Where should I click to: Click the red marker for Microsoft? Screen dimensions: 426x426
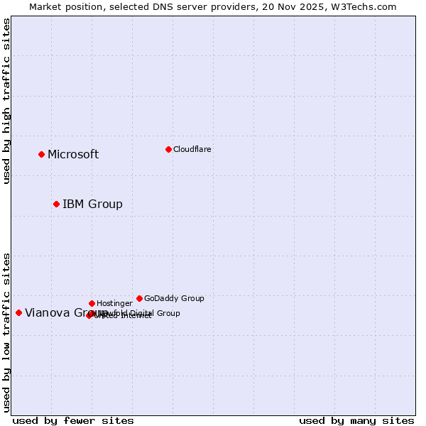41,154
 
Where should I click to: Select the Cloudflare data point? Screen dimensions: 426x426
168,149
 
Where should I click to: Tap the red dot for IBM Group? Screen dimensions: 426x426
56,204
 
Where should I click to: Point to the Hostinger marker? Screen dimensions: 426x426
92,303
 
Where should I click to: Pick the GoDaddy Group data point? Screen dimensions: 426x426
139,298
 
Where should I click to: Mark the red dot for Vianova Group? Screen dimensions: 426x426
18,312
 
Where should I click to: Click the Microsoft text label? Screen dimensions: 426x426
73,155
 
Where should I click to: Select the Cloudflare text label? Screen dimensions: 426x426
192,150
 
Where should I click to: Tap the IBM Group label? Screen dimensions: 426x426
92,204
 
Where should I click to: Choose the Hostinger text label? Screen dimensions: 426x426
114,304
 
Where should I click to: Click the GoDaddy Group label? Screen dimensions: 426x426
174,299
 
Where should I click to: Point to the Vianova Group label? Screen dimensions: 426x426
57,313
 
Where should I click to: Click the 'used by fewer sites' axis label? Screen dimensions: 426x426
73,420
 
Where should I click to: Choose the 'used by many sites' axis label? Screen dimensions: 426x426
356,420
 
